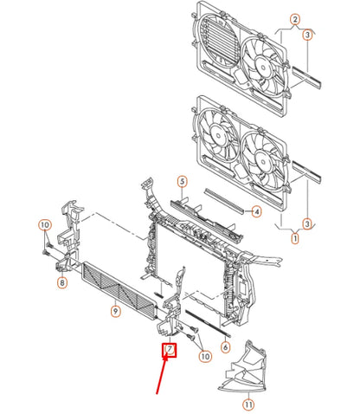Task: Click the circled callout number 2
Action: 294,20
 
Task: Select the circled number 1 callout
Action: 295,238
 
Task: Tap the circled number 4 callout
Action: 256,212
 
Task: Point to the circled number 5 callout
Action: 182,182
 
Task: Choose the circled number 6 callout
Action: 225,346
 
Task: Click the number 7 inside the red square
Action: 170,349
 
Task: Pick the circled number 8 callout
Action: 62,282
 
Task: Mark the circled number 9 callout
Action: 115,311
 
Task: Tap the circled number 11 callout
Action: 248,404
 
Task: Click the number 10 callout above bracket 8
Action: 45,224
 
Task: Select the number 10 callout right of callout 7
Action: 205,356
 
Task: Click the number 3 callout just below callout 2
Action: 307,35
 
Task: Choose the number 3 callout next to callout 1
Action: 307,223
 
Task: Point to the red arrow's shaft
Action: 162,375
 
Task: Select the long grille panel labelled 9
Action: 119,288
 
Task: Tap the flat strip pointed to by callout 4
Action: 224,201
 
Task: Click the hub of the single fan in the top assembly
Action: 263,68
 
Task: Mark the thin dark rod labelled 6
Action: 208,323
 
